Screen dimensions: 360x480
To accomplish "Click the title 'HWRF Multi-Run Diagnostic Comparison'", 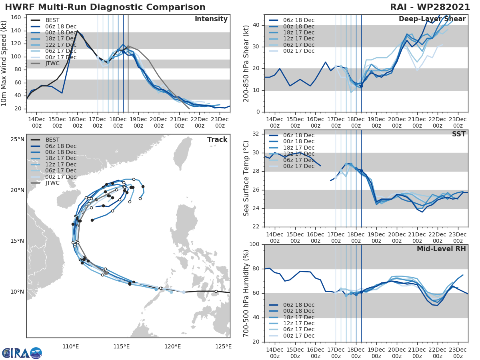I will [105, 7].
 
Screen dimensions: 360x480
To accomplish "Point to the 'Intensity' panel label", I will [211, 19].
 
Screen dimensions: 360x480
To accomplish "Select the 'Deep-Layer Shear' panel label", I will [432, 19].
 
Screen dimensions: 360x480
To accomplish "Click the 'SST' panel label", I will [458, 134].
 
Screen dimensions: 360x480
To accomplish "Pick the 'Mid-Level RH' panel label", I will [441, 249].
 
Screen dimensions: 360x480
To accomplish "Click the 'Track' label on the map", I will [217, 140].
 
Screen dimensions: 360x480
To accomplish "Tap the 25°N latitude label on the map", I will [17, 140].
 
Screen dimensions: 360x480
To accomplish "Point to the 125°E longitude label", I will [224, 346].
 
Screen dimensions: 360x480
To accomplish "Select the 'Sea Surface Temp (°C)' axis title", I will [246, 178].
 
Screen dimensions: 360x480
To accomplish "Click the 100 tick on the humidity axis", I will [254, 244].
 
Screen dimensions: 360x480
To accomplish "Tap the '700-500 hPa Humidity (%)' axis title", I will [246, 293].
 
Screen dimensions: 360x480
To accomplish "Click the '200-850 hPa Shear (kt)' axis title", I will [246, 63].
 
